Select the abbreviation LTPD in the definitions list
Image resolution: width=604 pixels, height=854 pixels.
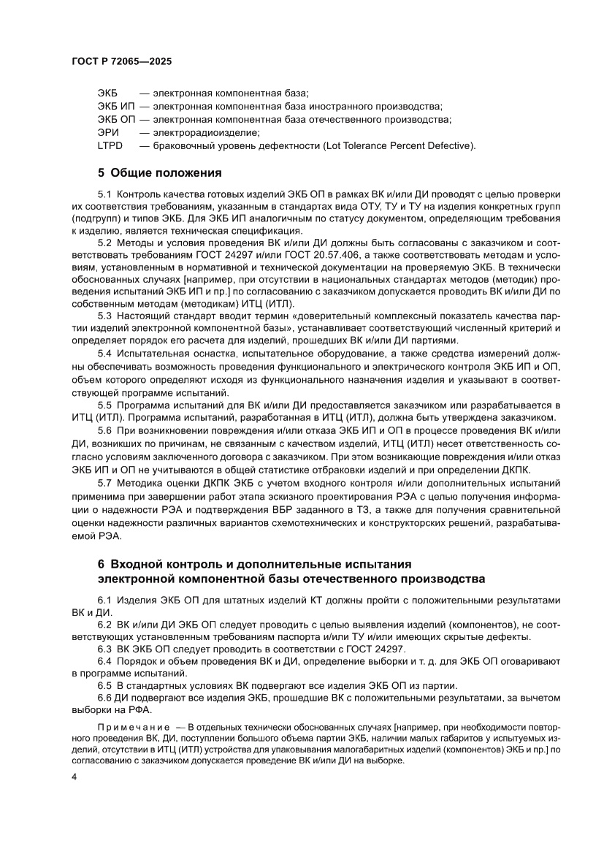pyautogui.click(x=110, y=145)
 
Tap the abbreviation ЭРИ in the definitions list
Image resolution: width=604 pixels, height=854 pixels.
pyautogui.click(x=107, y=132)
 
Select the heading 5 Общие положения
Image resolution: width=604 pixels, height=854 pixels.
pyautogui.click(x=159, y=173)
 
